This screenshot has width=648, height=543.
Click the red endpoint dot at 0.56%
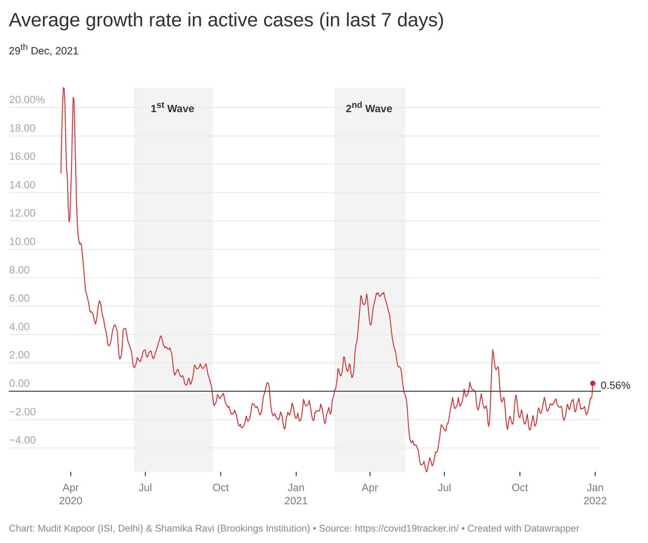pos(592,383)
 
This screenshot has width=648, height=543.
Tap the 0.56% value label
pos(615,385)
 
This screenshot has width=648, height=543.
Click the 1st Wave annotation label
pos(172,108)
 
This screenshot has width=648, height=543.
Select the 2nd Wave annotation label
pos(369,108)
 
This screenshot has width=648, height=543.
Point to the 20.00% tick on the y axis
pos(27,100)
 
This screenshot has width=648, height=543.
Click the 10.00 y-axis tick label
pos(23,242)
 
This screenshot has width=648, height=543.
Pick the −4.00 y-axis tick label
pos(23,440)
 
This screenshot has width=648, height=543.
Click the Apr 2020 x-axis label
pos(71,494)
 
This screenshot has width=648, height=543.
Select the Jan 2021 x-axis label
pos(296,494)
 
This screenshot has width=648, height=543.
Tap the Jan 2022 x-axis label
pos(595,494)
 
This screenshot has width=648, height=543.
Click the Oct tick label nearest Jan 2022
pos(520,487)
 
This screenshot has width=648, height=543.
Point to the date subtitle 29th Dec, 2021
pos(44,51)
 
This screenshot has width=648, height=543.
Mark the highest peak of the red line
pos(64,88)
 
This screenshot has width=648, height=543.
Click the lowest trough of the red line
pos(427,471)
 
